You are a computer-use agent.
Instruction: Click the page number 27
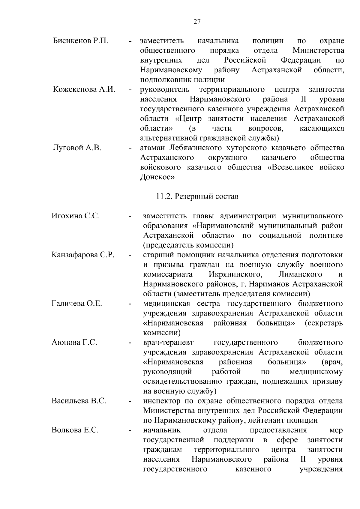point(197,22)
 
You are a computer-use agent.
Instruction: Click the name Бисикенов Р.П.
point(80,41)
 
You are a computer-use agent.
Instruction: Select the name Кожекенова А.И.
point(84,90)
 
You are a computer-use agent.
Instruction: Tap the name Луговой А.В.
point(77,148)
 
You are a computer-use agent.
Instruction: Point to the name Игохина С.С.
point(76,216)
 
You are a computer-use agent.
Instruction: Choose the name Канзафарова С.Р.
point(83,255)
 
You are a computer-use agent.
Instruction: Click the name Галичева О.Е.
point(77,304)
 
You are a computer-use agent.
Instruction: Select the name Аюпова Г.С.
point(74,343)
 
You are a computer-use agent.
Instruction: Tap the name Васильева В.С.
point(79,401)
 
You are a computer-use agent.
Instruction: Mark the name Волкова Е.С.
point(75,430)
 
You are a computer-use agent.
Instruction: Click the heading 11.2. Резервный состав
point(197,196)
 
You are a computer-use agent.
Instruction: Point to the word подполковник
point(161,80)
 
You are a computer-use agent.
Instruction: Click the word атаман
point(153,148)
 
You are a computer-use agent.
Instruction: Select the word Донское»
point(157,177)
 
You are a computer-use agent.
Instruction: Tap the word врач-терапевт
point(169,343)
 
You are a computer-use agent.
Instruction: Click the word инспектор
point(159,401)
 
